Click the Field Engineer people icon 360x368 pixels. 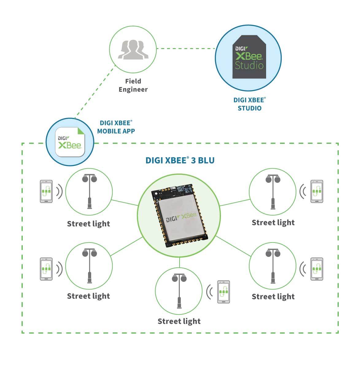(133, 50)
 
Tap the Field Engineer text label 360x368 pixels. (133, 85)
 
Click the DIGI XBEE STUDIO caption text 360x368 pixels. (250, 104)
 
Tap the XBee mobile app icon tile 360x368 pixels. (70, 142)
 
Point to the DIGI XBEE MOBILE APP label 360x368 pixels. (116, 127)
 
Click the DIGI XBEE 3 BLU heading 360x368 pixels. (180, 160)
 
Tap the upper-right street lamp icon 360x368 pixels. (273, 191)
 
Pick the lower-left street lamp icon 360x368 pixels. (89, 265)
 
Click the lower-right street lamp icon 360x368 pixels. (273, 265)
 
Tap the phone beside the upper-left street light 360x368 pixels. (46, 191)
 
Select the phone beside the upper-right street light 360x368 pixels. (316, 191)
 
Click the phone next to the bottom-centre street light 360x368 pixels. (223, 292)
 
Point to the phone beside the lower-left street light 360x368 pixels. (46, 269)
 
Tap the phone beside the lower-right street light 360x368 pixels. (316, 269)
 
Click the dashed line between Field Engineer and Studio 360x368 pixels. (186, 48)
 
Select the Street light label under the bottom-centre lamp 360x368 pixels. (179, 321)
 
